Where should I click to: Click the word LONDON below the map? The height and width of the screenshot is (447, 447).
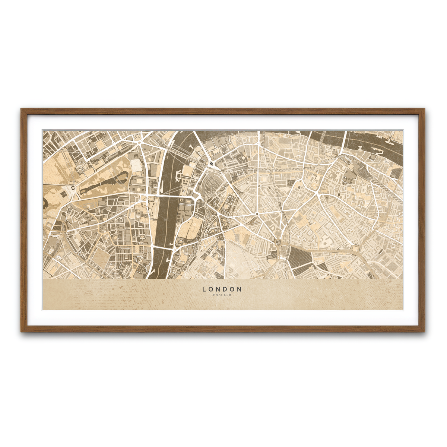222,289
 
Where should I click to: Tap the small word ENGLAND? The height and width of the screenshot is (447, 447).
222,295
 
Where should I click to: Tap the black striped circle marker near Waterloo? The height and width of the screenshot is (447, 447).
212,163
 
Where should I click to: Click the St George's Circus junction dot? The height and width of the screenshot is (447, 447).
257,215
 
